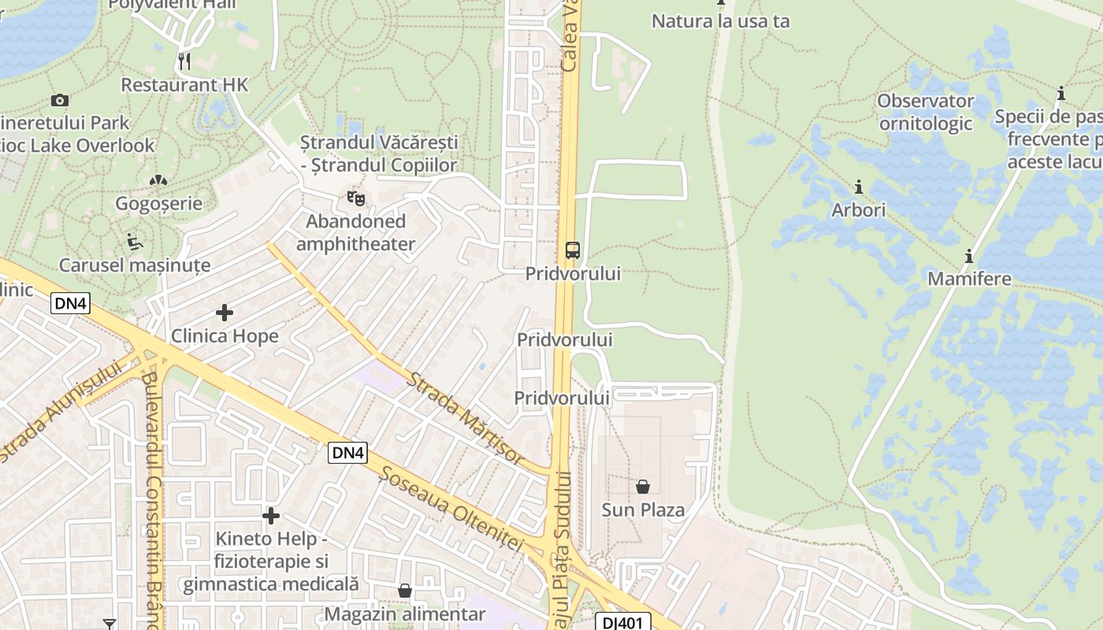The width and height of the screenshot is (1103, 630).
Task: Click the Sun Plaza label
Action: pos(643,510)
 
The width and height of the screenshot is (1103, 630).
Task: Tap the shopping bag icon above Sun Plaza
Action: pos(643,487)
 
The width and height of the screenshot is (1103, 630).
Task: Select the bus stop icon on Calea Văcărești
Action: pos(573,250)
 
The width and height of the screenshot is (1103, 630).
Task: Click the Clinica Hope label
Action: pos(225,336)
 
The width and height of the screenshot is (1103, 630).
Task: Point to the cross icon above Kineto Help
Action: pos(271,516)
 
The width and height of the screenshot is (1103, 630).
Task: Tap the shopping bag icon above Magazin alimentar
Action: pos(405,591)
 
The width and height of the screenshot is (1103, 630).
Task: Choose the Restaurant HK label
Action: pos(184,84)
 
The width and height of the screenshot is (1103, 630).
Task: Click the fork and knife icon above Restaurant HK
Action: pos(184,61)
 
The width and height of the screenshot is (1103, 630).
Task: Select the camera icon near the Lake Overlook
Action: pos(59,100)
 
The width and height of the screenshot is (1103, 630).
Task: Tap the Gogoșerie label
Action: pos(158,204)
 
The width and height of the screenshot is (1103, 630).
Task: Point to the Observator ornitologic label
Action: pos(926,112)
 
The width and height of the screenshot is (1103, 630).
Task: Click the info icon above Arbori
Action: pos(859,187)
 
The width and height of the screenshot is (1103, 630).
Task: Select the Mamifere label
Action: pos(969,279)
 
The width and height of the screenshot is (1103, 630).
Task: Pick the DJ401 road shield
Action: pos(622,622)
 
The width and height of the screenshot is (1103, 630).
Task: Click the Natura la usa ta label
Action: pos(720,21)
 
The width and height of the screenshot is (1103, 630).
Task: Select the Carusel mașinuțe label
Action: pos(135,265)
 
